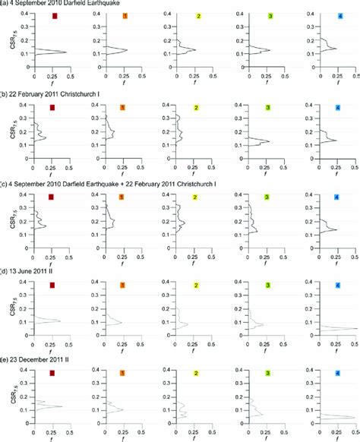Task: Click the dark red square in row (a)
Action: coord(52,16)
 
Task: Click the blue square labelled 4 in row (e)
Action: coord(339,374)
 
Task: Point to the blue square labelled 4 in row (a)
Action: coord(339,16)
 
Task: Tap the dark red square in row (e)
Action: coord(52,374)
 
